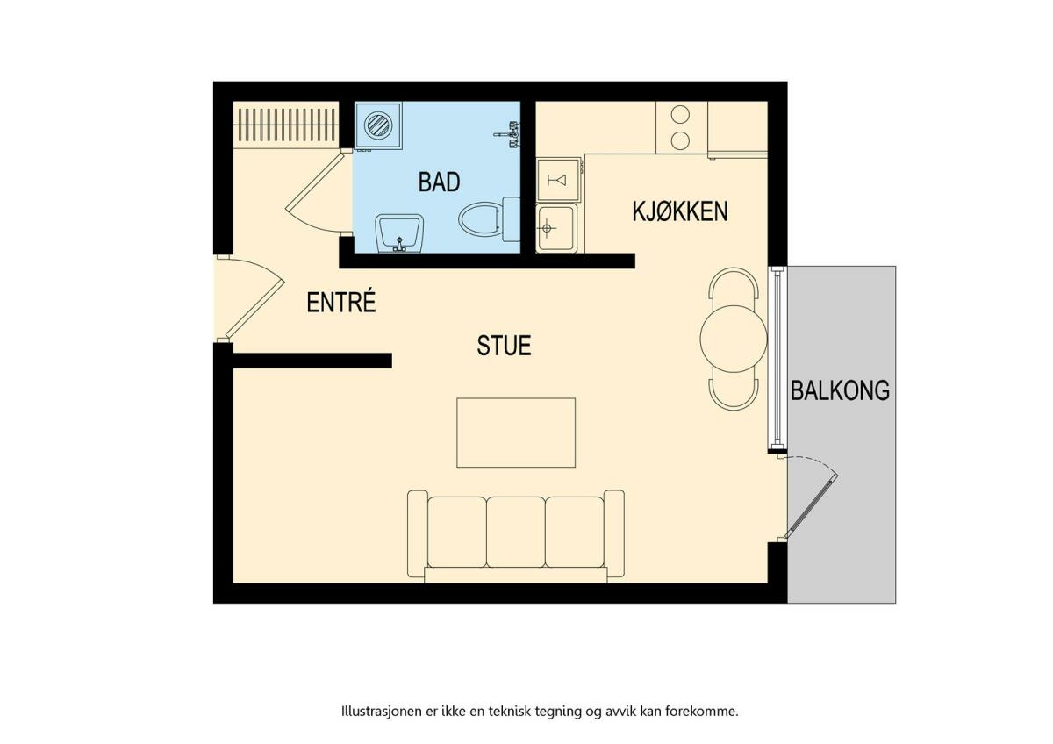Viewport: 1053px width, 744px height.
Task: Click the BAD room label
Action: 439,182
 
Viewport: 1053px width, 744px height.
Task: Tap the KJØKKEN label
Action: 680,211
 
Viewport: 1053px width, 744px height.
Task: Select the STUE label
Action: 504,346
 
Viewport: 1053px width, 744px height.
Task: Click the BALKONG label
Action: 840,390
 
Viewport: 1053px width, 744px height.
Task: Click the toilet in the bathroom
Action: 489,219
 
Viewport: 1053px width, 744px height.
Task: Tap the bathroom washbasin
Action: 399,233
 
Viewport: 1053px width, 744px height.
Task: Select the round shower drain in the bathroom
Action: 378,125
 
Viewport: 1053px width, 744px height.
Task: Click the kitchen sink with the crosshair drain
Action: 556,228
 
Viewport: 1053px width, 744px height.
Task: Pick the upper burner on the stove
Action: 680,114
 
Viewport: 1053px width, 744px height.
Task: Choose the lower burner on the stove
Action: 680,139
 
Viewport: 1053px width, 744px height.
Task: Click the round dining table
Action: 734,339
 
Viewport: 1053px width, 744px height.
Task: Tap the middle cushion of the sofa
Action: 516,532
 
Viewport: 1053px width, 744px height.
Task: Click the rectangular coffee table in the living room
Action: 516,433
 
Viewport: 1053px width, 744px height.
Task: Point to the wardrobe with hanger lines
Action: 286,125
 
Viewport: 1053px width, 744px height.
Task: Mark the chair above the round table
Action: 734,287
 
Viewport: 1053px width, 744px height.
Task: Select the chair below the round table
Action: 734,388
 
